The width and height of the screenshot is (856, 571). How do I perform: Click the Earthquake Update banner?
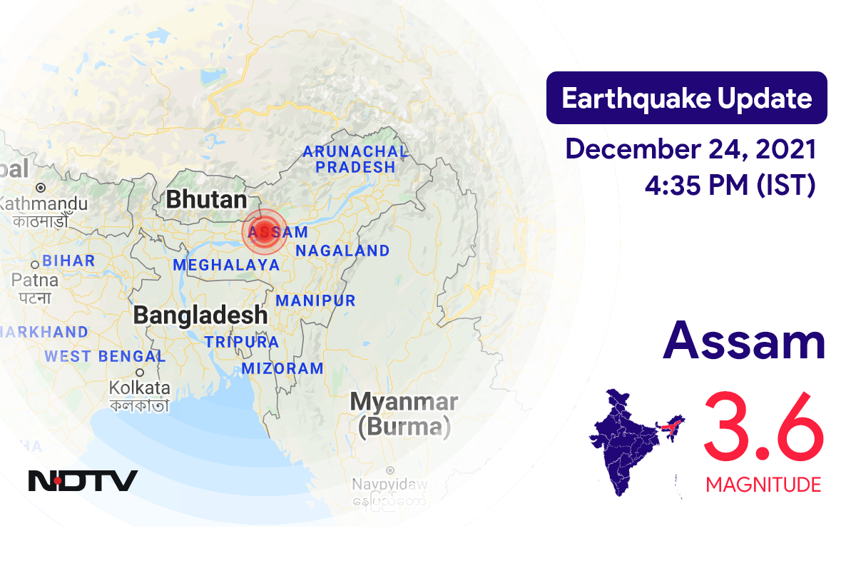[686, 98]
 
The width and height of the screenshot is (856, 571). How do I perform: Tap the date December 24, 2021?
[691, 150]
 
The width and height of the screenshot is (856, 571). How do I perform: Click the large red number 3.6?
[763, 428]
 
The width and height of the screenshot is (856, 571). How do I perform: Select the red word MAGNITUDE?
[763, 485]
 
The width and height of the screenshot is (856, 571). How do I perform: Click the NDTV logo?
[83, 480]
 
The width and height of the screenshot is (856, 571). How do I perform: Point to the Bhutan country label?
[206, 200]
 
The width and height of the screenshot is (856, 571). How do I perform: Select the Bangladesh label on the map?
[200, 315]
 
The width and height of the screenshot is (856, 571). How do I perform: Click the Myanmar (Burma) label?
[404, 414]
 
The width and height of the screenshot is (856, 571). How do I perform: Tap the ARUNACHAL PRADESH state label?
[355, 159]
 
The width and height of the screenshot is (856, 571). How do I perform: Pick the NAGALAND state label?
[342, 251]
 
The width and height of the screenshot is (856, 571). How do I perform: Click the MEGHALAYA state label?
[225, 265]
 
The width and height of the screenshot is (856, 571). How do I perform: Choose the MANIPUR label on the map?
[315, 300]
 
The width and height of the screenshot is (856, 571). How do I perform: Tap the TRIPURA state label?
[242, 342]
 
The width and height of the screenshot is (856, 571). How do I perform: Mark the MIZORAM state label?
[282, 369]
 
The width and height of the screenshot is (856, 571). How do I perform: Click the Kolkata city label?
[139, 388]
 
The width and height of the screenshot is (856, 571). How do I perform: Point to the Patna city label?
[34, 281]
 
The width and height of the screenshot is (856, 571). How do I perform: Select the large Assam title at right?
[744, 341]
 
